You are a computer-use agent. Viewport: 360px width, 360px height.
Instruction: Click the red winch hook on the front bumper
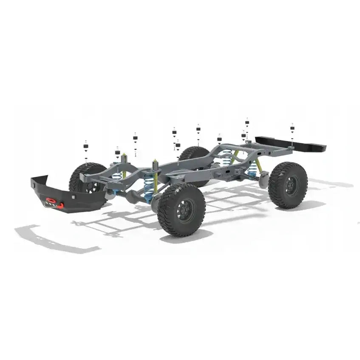click(x=51, y=200)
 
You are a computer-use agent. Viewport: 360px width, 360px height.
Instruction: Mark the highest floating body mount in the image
click(x=247, y=123)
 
